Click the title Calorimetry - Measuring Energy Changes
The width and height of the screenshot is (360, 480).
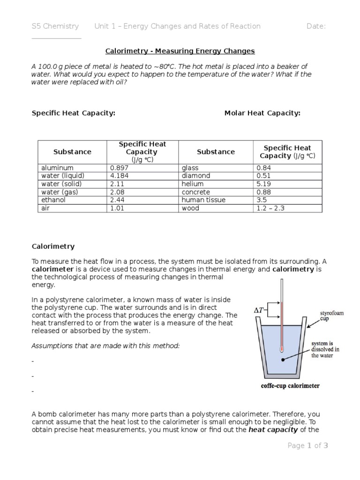(x=180, y=51)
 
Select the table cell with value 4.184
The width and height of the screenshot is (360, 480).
(x=120, y=176)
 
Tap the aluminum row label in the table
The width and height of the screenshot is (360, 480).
(x=57, y=168)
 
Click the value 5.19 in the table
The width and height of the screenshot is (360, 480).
(x=264, y=184)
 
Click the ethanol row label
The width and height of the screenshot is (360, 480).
(x=54, y=200)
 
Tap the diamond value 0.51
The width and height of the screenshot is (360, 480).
(x=264, y=176)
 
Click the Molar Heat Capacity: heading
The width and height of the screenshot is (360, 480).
(x=262, y=113)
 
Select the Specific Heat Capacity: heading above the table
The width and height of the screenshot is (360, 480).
(x=73, y=113)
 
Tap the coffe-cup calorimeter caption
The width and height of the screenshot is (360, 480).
(x=290, y=386)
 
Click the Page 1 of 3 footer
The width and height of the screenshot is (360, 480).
(x=308, y=446)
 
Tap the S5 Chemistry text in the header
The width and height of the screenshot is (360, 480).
(x=55, y=26)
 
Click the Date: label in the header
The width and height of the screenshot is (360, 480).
(x=316, y=26)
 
